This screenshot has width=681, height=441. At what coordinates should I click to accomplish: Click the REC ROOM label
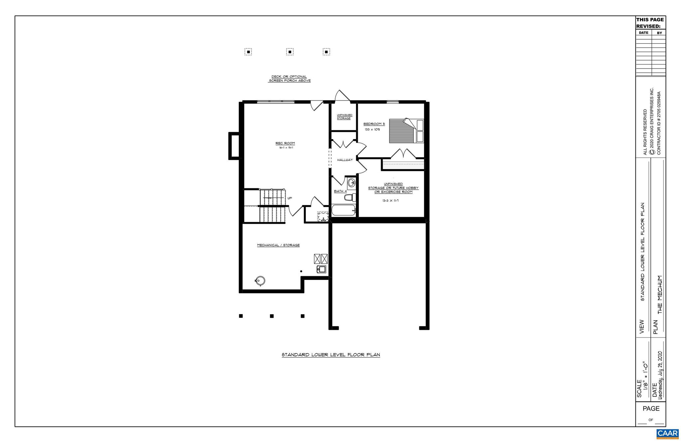point(285,143)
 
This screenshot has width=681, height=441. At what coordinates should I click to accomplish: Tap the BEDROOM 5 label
point(374,124)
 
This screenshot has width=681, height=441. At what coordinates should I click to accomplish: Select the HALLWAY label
point(345,160)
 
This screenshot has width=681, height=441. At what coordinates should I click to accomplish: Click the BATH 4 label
point(340,191)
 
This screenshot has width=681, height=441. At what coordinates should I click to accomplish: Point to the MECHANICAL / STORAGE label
point(278,245)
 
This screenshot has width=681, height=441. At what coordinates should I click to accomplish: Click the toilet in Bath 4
point(349,198)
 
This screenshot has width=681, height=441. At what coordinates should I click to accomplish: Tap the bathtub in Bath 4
point(343,211)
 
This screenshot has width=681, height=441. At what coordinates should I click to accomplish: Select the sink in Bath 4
point(351,182)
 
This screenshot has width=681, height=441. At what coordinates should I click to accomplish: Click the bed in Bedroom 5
point(406,131)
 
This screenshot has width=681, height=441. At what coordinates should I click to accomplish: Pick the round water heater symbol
point(260,281)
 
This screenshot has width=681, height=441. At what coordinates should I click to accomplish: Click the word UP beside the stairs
point(290,198)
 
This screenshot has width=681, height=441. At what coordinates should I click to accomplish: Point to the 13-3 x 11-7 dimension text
point(390,201)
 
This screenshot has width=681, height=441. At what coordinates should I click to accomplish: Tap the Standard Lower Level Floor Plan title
point(331,355)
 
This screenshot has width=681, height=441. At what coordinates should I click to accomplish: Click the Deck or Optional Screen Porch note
point(289,79)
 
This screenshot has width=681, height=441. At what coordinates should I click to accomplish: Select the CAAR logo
point(667,433)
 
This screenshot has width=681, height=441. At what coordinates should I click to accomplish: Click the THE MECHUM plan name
point(660,295)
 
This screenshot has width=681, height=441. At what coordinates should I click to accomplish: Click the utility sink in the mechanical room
point(321,269)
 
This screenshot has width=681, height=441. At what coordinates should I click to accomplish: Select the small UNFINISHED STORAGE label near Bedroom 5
point(344,117)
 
